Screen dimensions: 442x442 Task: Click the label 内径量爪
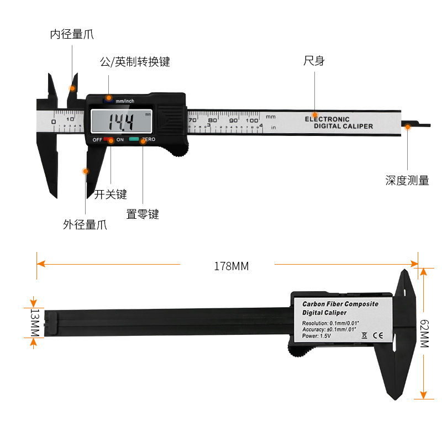pos(72,34)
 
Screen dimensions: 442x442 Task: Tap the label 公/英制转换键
pos(134,62)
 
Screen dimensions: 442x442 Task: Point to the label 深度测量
pos(407,181)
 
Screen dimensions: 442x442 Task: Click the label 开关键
pos(110,194)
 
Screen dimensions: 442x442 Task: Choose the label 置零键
pos(143,214)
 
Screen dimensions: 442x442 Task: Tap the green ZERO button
pos(134,140)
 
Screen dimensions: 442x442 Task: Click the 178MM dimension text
pos(231,266)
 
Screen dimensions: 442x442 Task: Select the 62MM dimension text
pos(424,334)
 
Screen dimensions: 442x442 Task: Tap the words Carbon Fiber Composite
pos(340,304)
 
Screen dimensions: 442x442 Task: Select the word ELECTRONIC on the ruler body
pos(327,119)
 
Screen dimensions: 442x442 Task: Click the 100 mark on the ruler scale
pos(252,120)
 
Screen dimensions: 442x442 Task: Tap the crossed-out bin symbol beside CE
pos(364,335)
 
